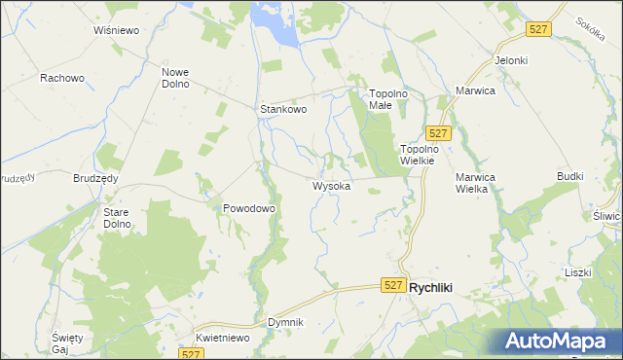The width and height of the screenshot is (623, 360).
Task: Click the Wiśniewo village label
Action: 118,30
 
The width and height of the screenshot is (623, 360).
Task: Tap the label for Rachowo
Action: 61,78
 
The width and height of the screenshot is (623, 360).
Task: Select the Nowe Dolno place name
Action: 175,78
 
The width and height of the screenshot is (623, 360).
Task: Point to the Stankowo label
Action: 283,110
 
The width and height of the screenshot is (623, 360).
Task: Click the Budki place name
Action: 569,176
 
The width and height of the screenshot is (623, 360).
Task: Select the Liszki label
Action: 577,272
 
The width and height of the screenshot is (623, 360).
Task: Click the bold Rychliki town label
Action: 438,287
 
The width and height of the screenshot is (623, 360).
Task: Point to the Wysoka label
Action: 331,186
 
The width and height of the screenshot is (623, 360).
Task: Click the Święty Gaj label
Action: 67,342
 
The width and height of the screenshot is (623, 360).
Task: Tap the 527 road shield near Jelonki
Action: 538,30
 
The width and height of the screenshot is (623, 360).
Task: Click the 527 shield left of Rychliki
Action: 392,284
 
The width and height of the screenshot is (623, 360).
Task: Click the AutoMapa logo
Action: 557,341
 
